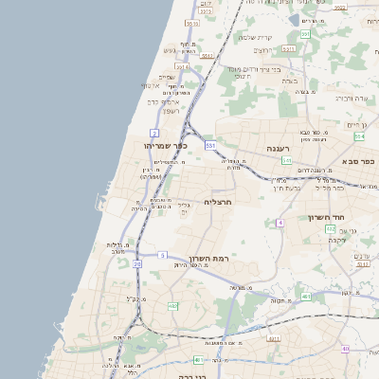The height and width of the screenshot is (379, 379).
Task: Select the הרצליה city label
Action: (x=219, y=202)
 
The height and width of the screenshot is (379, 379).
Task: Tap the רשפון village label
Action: (x=171, y=112)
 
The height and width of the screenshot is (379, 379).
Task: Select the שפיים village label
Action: (x=168, y=77)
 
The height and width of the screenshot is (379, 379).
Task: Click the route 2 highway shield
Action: (x=154, y=133)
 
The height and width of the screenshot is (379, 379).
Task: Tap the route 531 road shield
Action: (x=209, y=145)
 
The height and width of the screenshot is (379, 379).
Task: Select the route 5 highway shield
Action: (x=163, y=255)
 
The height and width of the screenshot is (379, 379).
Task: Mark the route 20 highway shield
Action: (x=136, y=264)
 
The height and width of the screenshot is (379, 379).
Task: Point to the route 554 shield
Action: (x=359, y=136)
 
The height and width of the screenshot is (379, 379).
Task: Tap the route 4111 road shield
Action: (x=275, y=338)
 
